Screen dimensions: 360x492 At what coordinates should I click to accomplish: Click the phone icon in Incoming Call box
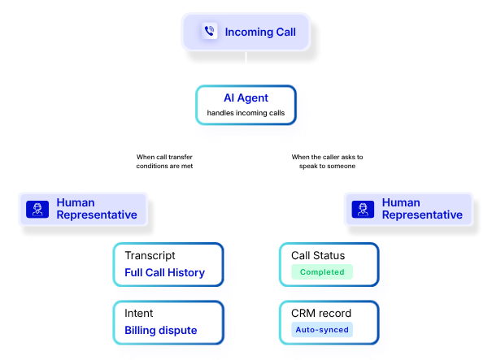209,32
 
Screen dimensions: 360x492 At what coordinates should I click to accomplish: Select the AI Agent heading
246,98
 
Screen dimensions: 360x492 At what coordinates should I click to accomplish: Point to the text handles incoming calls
246,113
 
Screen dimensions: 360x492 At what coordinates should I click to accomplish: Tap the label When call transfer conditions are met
163,161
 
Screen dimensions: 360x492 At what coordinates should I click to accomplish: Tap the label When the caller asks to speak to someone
328,161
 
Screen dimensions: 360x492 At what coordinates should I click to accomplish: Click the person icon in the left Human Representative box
36,210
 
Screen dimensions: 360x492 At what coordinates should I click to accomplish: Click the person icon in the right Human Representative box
361,210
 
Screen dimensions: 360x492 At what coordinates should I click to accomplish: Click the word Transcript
150,255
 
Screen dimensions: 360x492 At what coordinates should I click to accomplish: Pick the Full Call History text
164,272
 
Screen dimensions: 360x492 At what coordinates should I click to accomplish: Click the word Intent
139,313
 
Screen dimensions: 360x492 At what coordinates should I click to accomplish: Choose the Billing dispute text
160,331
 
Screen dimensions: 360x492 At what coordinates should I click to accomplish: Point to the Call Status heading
319,255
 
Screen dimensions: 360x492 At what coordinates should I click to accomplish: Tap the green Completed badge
322,272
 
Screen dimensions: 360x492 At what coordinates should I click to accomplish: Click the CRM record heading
322,313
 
